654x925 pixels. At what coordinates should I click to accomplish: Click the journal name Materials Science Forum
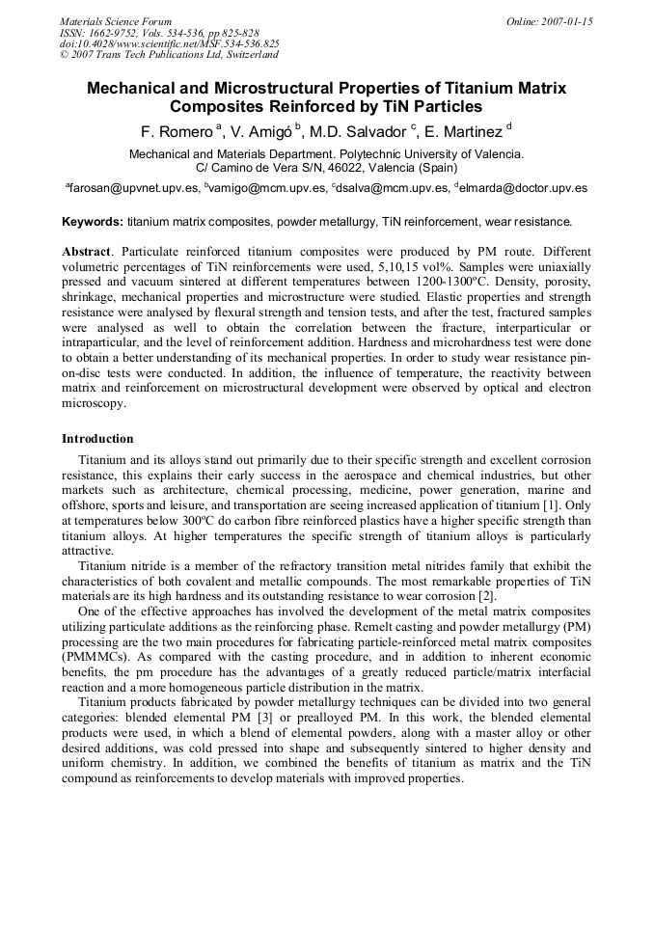click(116, 21)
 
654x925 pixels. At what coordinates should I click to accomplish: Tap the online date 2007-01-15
click(550, 21)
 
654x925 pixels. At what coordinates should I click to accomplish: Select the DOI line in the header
click(169, 44)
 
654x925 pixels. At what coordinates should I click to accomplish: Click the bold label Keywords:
click(93, 221)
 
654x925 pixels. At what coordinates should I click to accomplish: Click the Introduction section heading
click(97, 439)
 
